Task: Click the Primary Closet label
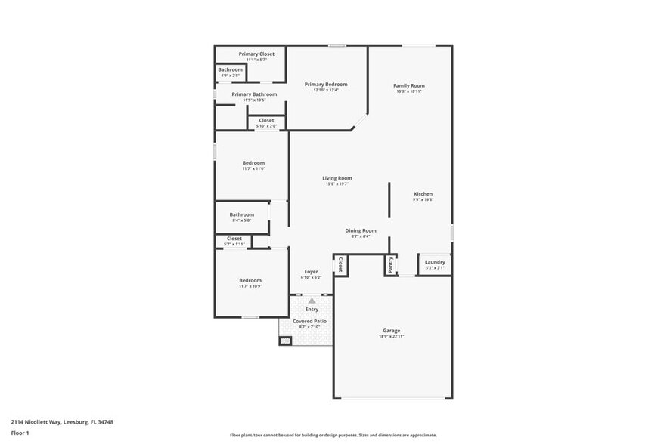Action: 256,54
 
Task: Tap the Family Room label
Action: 409,86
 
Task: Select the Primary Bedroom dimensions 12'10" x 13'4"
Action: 326,90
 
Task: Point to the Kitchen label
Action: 423,194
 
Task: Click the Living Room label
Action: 337,178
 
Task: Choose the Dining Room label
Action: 361,230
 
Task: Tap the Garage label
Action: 391,331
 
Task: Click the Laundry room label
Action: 435,262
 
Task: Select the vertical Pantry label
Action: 390,264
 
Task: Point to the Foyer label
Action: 311,271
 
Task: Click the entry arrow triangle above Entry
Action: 312,301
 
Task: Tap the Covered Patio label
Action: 309,321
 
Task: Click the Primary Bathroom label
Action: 253,94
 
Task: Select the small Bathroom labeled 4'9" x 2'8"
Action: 230,69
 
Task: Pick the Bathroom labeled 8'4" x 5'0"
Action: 243,214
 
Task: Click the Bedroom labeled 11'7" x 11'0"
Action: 253,163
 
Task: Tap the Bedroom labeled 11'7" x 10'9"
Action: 250,280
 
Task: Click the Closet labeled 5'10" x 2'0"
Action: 266,120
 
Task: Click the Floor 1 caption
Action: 20,433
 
